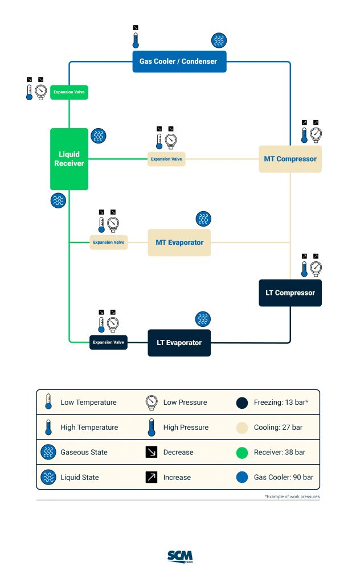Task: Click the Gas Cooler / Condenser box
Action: [179, 61]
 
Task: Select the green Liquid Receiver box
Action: [69, 159]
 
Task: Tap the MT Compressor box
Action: [290, 159]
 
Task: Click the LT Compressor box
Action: [290, 293]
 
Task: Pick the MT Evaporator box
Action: [179, 243]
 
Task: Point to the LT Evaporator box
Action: [179, 343]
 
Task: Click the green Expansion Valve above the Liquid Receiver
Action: [69, 92]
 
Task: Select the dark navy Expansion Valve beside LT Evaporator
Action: [108, 343]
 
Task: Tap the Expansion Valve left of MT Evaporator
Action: [108, 243]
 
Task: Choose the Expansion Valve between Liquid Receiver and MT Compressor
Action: [166, 159]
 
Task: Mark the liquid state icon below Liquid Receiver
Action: [58, 200]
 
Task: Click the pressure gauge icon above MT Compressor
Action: [316, 134]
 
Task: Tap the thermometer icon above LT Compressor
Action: [304, 268]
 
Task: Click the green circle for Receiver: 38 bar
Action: [242, 453]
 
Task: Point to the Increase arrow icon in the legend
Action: [152, 478]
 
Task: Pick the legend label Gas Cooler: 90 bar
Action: [283, 478]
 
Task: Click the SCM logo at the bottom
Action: [180, 556]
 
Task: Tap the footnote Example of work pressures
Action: [292, 497]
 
